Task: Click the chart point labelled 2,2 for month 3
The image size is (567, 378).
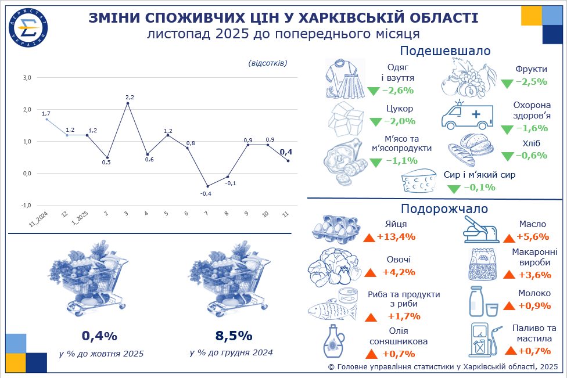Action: point(127,103)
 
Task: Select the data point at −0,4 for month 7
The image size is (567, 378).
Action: point(207,186)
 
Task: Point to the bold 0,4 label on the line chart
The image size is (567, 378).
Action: point(286,152)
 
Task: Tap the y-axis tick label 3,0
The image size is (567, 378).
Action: point(27,77)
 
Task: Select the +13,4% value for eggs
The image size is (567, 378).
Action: point(396,236)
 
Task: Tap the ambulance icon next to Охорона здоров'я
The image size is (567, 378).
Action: point(466,116)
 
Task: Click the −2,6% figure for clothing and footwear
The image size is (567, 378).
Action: point(397,90)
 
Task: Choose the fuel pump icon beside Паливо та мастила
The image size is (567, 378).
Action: point(483,339)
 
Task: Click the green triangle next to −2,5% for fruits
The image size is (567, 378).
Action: point(507,83)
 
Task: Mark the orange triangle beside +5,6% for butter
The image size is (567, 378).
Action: point(509,237)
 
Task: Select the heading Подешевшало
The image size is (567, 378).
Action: point(445,51)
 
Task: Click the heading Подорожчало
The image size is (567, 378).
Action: point(444,208)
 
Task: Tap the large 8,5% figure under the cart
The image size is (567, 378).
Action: point(233,336)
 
